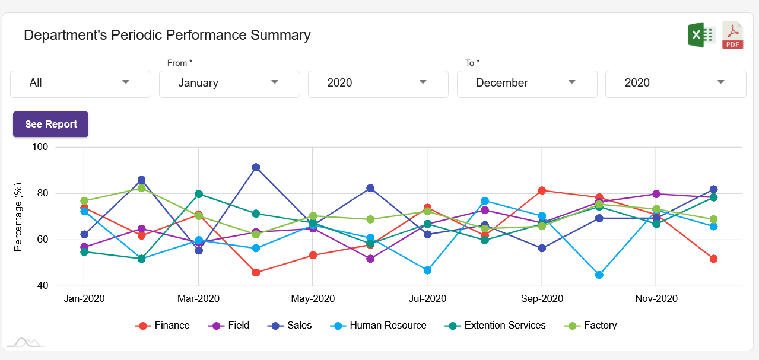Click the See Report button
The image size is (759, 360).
(x=51, y=124)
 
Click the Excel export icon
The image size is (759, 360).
(x=701, y=35)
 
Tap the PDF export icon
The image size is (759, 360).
(x=733, y=35)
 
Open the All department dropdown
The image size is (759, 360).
(x=81, y=83)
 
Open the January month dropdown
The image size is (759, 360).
(x=229, y=83)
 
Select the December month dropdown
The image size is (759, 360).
(x=527, y=83)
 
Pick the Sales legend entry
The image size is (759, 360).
(x=291, y=325)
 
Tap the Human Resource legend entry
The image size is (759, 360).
(x=380, y=325)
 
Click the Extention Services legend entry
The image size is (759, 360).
(x=496, y=325)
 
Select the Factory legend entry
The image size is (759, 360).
(x=592, y=325)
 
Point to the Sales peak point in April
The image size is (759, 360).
(x=256, y=167)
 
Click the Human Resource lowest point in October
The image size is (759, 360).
(x=599, y=275)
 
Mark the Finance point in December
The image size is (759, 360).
(x=713, y=259)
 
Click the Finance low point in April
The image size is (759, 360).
(x=256, y=272)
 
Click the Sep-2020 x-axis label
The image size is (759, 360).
(x=542, y=298)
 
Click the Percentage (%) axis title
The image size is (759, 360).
(x=18, y=217)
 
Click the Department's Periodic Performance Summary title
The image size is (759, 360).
(x=167, y=35)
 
